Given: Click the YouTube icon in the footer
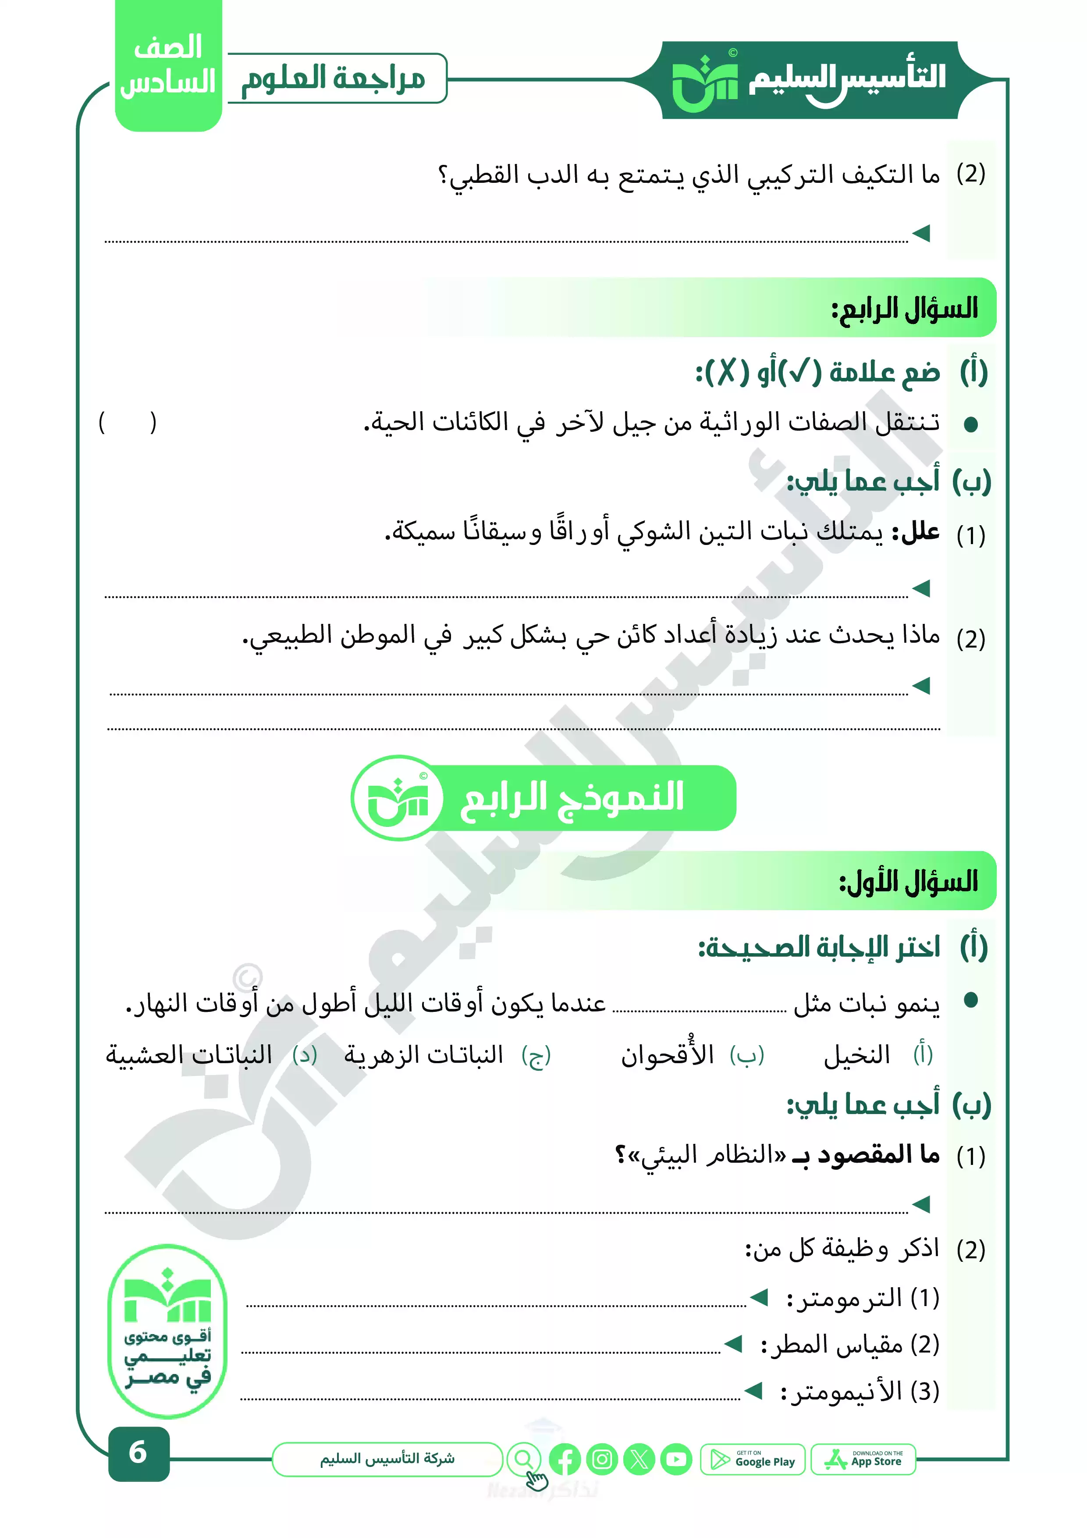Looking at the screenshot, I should [x=676, y=1459].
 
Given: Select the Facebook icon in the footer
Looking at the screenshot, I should [x=565, y=1459].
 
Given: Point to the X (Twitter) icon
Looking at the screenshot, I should [x=639, y=1459].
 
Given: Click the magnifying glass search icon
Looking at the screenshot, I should [x=524, y=1458].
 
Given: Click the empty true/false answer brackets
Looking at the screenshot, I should [x=127, y=423].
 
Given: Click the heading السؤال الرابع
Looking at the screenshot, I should [x=904, y=309].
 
